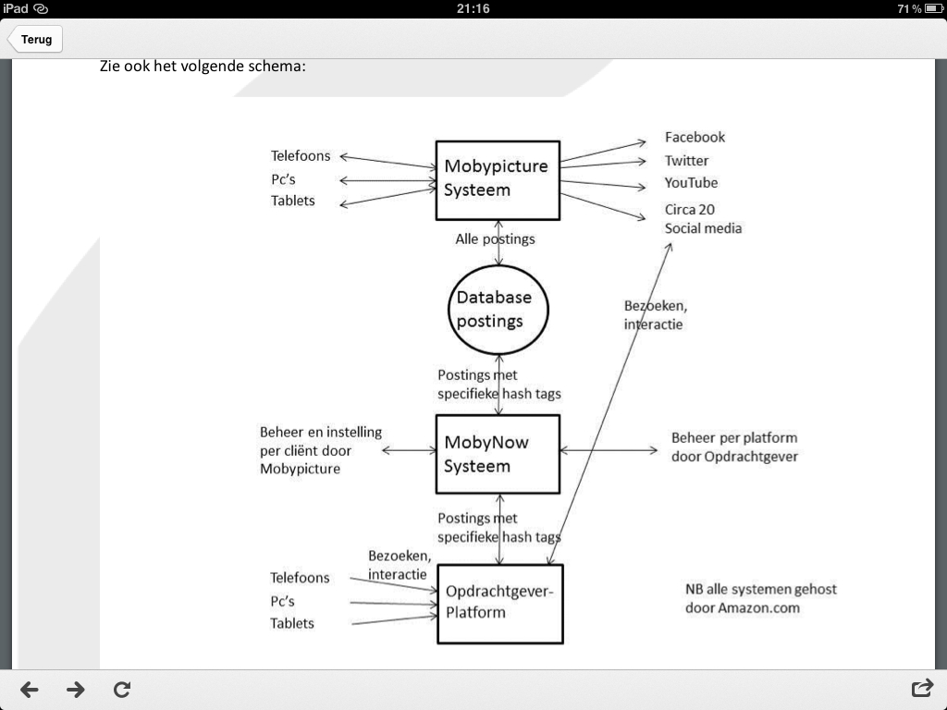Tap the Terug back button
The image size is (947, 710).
coord(35,40)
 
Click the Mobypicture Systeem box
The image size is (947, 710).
coord(498,180)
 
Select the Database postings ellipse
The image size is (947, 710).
coord(498,310)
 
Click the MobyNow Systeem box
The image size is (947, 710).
coord(498,454)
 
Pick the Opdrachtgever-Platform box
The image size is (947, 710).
coord(499,603)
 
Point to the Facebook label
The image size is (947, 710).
coord(695,137)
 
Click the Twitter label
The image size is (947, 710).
coord(686,160)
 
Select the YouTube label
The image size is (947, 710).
coord(691,182)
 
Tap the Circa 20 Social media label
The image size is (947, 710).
coord(703,219)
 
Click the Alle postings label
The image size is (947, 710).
coord(495,239)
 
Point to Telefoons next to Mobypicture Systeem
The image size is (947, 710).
coord(301,155)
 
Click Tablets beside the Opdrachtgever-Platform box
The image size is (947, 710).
coord(292,623)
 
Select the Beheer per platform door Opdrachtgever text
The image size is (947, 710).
coord(734,447)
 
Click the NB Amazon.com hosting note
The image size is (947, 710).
coord(760,598)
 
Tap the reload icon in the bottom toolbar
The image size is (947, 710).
coord(121,689)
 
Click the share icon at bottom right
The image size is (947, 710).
coord(921,689)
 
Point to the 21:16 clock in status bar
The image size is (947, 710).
coord(473,8)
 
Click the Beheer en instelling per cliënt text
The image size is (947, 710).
coord(320,450)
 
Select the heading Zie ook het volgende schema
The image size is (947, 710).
coord(203,67)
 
